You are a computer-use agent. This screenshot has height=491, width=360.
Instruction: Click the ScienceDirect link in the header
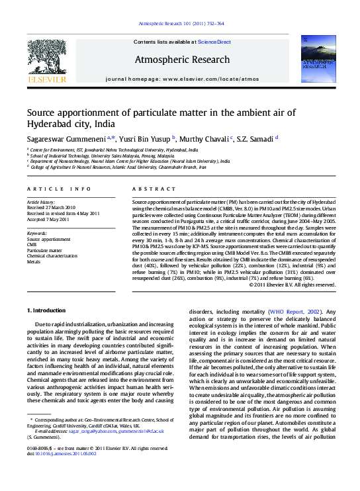click(x=214, y=42)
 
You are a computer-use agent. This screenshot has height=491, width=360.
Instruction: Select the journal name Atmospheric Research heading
click(x=182, y=60)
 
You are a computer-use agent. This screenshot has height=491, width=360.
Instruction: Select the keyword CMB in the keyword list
click(x=32, y=245)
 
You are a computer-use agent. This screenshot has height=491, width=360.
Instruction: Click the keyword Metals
click(x=34, y=261)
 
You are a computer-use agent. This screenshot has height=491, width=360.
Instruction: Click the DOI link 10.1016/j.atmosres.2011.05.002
click(x=72, y=454)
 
